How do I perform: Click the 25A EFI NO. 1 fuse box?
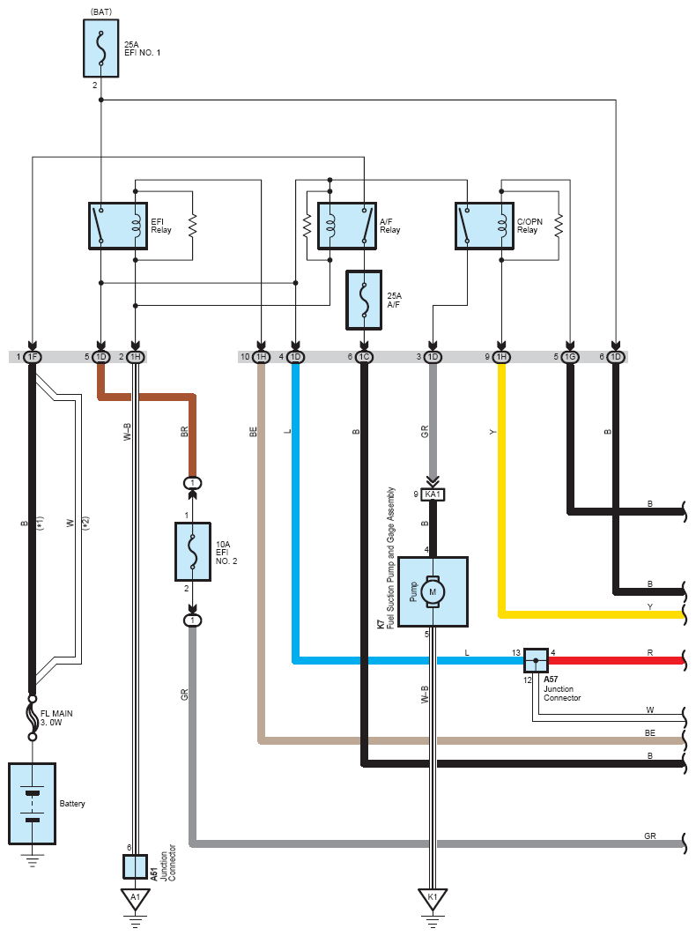[101, 48]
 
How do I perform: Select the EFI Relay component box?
[118, 226]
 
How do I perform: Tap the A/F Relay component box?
[347, 226]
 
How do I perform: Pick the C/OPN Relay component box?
[484, 226]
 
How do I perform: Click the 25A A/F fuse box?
[364, 300]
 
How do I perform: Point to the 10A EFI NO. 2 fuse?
[193, 552]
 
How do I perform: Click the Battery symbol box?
[33, 804]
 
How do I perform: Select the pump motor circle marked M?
[433, 592]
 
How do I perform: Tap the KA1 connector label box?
[433, 494]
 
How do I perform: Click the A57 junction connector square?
[536, 660]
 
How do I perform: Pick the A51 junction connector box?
[136, 866]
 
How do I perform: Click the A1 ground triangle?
[136, 899]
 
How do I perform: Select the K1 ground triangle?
[433, 899]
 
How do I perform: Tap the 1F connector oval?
[33, 357]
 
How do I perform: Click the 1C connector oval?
[364, 357]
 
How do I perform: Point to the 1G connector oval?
[570, 357]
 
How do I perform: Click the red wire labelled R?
[616, 660]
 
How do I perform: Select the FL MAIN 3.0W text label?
[56, 717]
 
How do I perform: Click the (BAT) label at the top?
[101, 12]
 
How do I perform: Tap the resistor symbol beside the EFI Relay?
[192, 226]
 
